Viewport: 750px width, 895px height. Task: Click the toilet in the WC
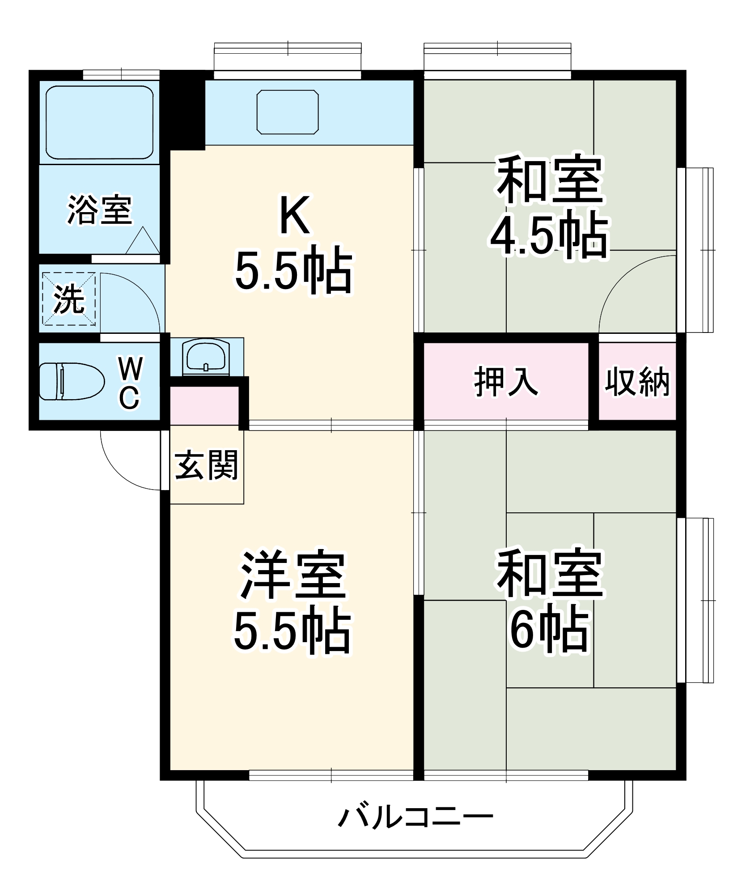click(x=72, y=381)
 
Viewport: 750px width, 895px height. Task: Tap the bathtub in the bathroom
click(x=99, y=122)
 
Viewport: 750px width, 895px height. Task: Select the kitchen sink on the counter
click(x=288, y=112)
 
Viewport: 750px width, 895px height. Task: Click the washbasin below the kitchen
click(x=206, y=357)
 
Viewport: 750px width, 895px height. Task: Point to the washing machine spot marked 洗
click(x=69, y=298)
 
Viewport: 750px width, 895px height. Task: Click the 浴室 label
click(x=100, y=210)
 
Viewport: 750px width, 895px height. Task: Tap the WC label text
click(x=130, y=383)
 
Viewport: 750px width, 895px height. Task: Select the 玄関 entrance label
click(x=206, y=465)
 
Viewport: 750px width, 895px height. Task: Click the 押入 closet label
click(x=506, y=382)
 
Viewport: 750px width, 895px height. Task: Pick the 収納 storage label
click(x=637, y=382)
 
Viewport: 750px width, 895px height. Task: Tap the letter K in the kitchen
click(x=294, y=215)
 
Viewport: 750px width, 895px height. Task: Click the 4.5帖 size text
click(x=549, y=236)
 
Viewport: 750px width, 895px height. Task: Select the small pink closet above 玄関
click(x=204, y=405)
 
